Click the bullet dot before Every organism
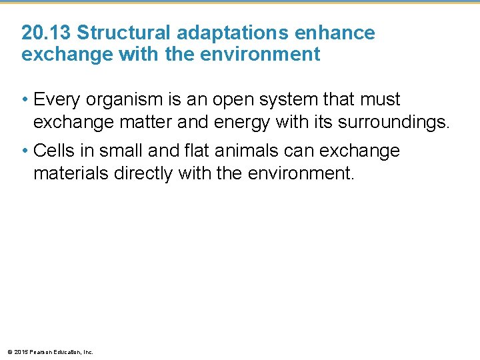[x=25, y=101]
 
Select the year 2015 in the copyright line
[x=20, y=351]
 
